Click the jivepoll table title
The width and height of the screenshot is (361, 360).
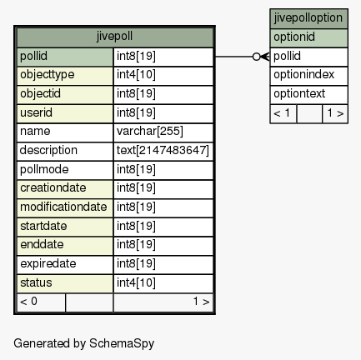114,37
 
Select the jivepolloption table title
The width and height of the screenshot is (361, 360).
308,18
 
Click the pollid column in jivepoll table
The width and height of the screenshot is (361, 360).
65,57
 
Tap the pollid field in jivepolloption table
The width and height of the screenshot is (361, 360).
308,57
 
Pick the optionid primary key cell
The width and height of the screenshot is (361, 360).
308,37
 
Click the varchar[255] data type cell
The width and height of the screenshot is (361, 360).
163,132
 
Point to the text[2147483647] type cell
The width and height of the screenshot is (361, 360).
163,151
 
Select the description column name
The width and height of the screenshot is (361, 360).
48,150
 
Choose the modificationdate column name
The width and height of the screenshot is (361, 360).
63,207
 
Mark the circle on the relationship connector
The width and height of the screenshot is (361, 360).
256,57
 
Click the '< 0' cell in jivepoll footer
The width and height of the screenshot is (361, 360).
41,302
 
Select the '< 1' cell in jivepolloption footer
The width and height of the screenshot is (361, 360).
283,113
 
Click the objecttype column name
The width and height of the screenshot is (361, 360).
48,75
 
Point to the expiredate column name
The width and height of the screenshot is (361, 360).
48,264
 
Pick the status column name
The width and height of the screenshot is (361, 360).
36,282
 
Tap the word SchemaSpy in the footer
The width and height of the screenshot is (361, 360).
122,344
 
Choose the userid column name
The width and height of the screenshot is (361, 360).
36,112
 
